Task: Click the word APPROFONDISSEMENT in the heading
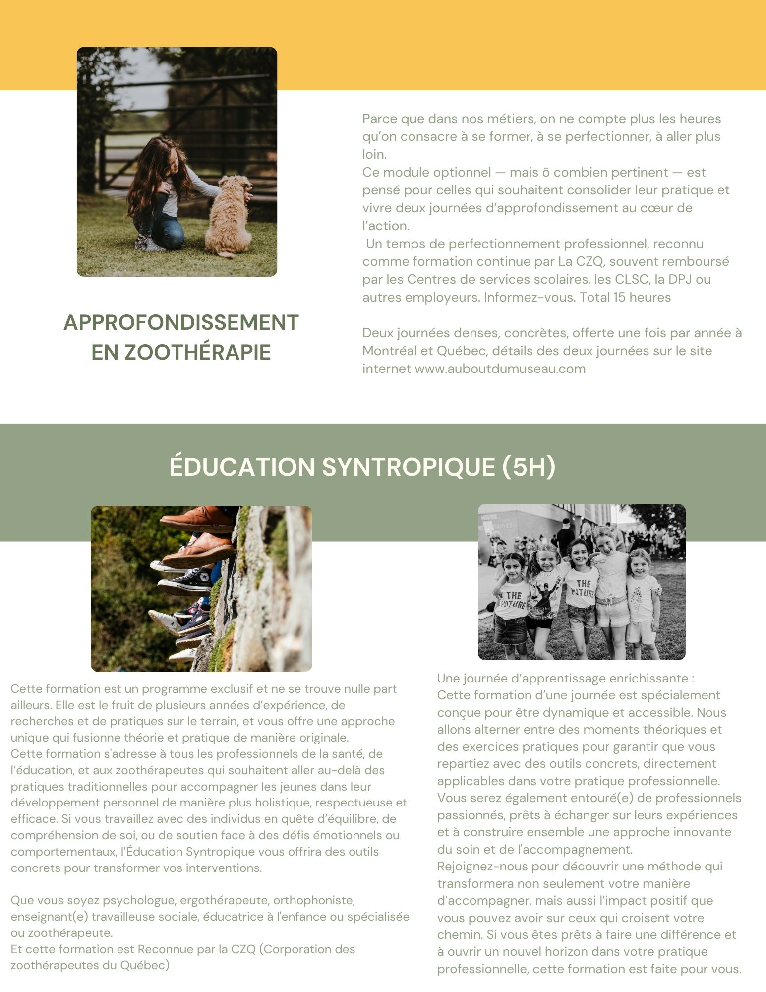(x=181, y=322)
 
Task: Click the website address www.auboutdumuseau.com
(x=500, y=369)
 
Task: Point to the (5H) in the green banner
(x=529, y=466)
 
